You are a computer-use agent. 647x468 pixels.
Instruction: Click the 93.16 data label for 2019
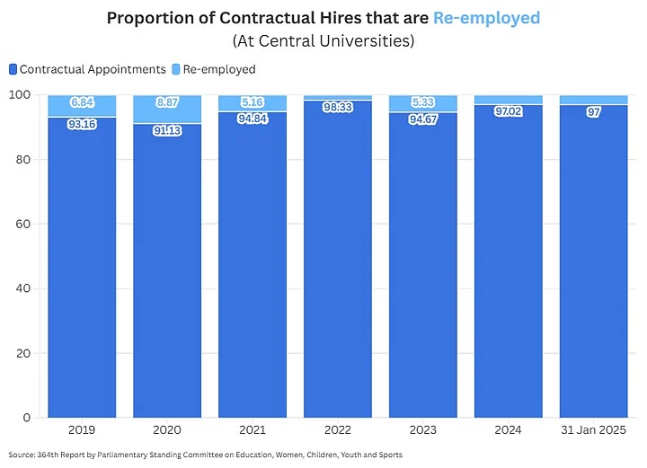tap(82, 124)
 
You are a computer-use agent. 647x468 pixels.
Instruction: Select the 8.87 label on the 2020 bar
tap(167, 103)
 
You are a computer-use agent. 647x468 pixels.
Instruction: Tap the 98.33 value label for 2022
tap(338, 107)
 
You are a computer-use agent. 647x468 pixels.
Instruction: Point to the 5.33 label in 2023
tap(422, 103)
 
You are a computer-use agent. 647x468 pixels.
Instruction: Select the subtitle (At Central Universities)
tap(323, 41)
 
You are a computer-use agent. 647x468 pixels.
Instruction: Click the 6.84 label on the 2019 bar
tap(82, 103)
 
